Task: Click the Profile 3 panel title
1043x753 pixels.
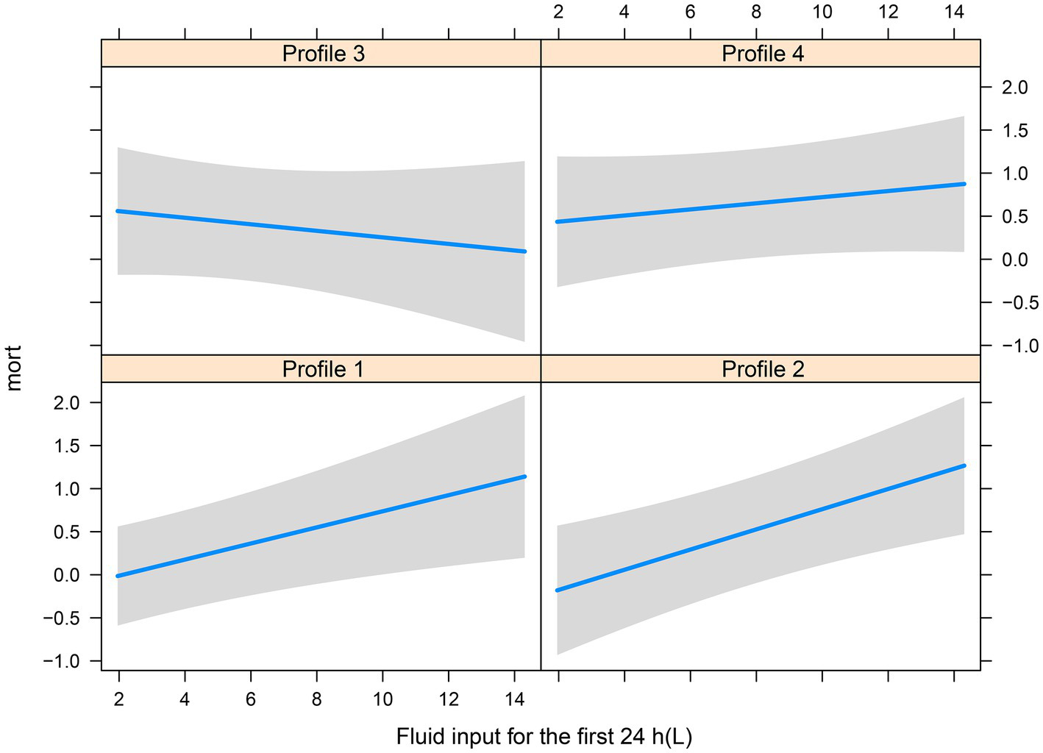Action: (x=323, y=54)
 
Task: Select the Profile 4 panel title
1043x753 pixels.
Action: (x=763, y=54)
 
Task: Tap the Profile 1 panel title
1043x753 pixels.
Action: (x=323, y=368)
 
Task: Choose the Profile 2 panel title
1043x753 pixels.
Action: (x=763, y=368)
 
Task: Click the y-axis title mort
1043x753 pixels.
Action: (x=15, y=368)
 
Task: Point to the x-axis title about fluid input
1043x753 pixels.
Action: (x=544, y=736)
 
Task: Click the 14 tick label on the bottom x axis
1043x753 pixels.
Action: (x=515, y=700)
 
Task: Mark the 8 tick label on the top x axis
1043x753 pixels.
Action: (x=756, y=12)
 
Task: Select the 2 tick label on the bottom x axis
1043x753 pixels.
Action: (x=119, y=700)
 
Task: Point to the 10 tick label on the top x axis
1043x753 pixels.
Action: (x=822, y=12)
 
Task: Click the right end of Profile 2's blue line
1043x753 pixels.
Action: (x=964, y=465)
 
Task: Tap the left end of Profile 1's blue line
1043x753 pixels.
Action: (x=118, y=576)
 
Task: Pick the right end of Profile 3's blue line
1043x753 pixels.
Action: (x=524, y=251)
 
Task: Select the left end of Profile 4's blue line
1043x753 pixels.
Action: (x=558, y=221)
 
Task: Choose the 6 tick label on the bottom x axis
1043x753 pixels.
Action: (x=251, y=700)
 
